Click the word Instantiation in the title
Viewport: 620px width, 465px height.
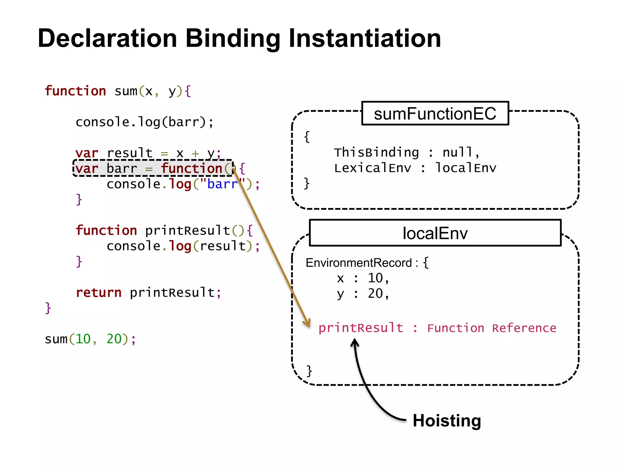[x=365, y=38]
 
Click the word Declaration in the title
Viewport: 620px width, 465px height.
[x=107, y=38]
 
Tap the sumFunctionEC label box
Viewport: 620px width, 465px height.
[x=435, y=114]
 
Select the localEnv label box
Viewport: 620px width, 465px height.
[x=435, y=233]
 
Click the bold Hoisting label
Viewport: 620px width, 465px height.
[x=447, y=420]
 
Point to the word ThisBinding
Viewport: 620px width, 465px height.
[x=376, y=152]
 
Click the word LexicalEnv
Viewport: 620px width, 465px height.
[x=373, y=168]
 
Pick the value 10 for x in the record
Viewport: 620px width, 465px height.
[x=375, y=278]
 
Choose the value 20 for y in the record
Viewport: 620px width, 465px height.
[x=375, y=293]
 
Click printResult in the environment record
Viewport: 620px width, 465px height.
[x=361, y=328]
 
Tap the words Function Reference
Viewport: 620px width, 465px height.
[x=492, y=328]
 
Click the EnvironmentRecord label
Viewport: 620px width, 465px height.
[x=359, y=263]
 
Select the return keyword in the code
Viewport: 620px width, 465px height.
[x=99, y=292]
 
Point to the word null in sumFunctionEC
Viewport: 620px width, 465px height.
[x=457, y=152]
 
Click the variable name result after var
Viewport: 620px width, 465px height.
[x=130, y=153]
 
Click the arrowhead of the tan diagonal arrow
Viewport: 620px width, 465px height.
[x=308, y=323]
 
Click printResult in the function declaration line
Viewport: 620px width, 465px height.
[x=188, y=231]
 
